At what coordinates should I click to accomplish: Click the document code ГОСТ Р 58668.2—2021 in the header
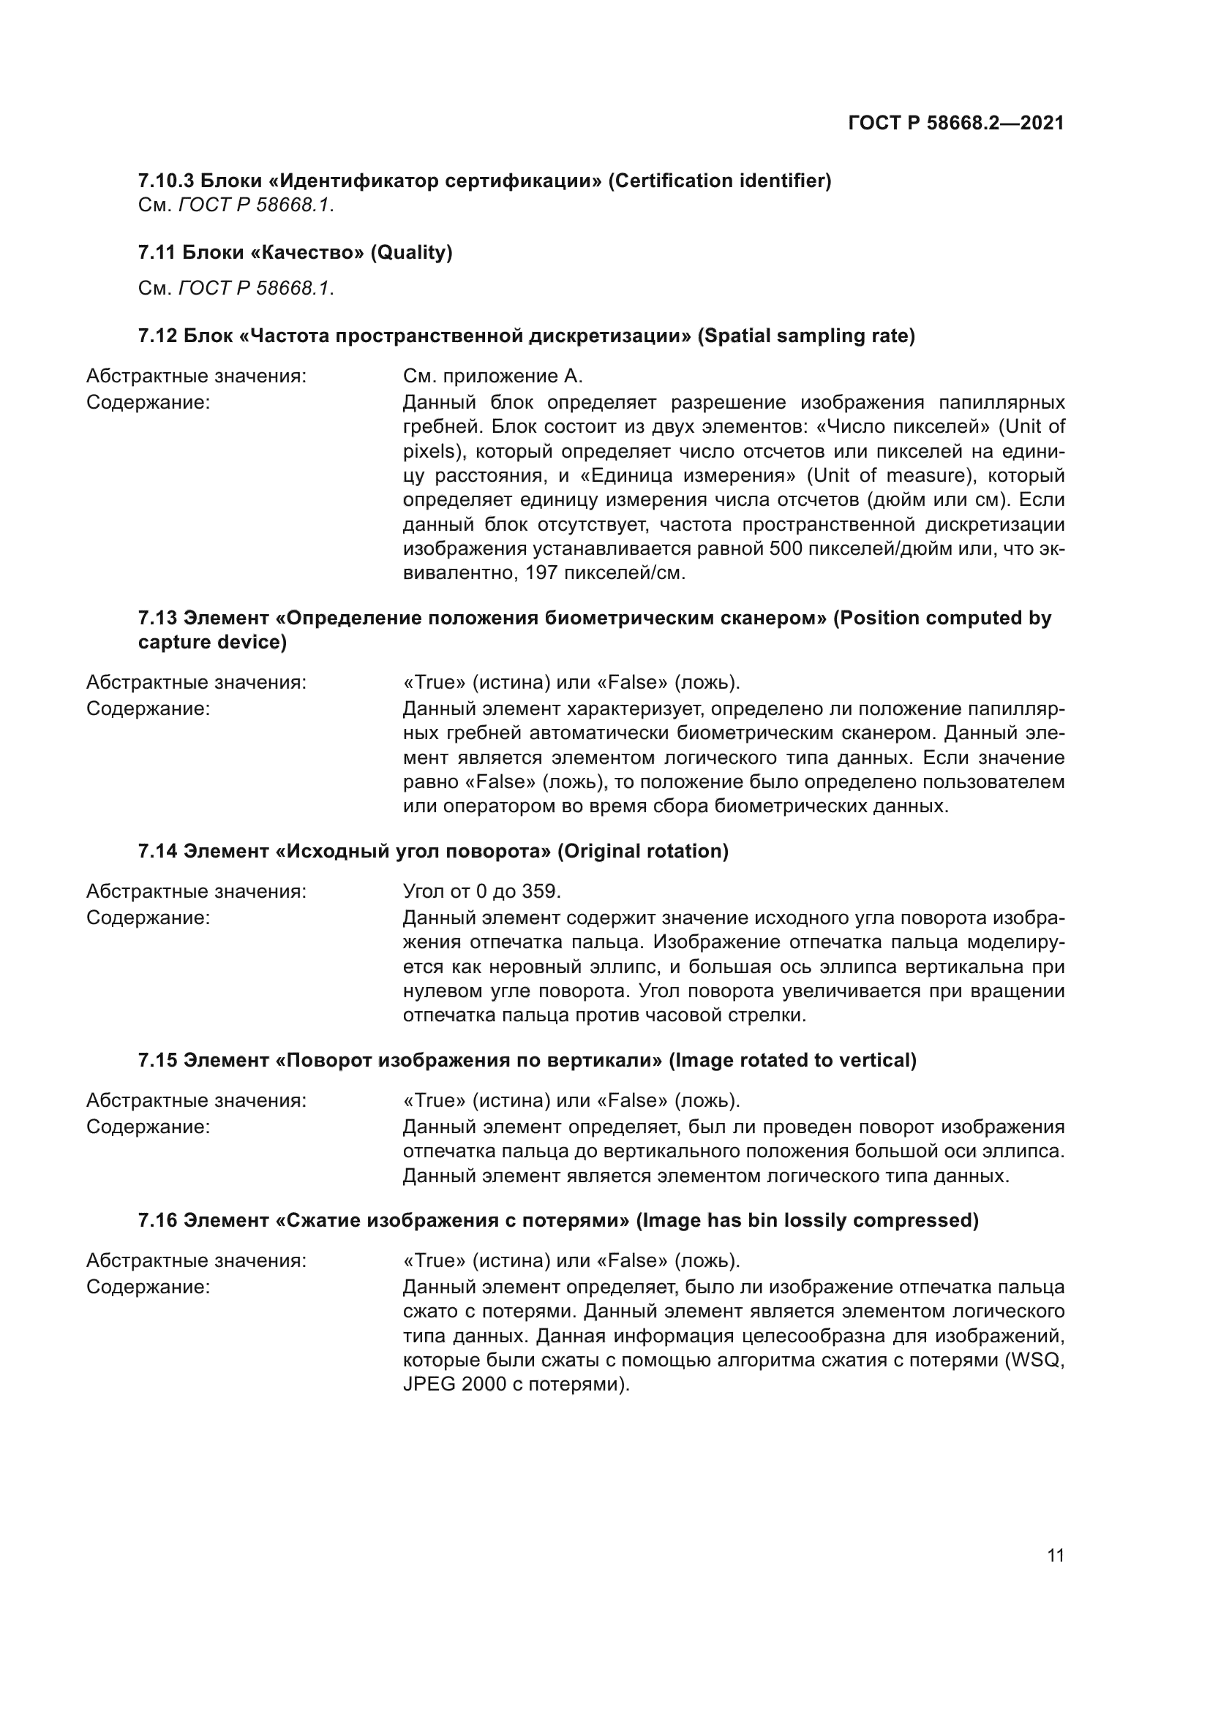(x=955, y=123)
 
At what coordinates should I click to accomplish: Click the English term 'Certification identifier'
(x=719, y=181)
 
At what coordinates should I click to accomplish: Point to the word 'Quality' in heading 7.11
(x=411, y=252)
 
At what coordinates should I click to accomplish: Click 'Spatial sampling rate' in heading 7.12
(x=806, y=336)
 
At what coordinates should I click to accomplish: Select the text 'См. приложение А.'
(x=492, y=376)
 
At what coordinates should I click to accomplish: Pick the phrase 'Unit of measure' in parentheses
(x=883, y=475)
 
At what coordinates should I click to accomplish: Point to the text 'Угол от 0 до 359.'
(x=481, y=891)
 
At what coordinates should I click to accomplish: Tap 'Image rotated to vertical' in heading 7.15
(x=793, y=1061)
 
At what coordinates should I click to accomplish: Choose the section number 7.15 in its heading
(x=157, y=1061)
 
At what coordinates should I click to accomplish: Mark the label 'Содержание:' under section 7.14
(x=149, y=918)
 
